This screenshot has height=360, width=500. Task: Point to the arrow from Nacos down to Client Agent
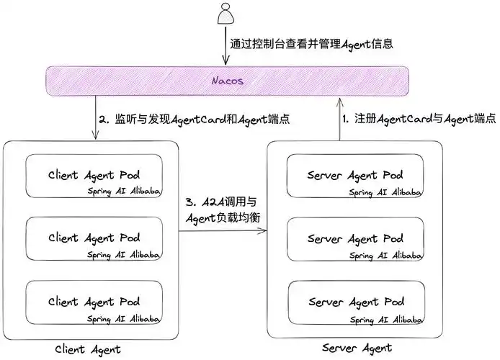click(98, 117)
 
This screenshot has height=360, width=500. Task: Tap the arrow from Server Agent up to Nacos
click(339, 117)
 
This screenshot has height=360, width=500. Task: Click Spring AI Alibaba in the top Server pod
click(386, 192)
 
